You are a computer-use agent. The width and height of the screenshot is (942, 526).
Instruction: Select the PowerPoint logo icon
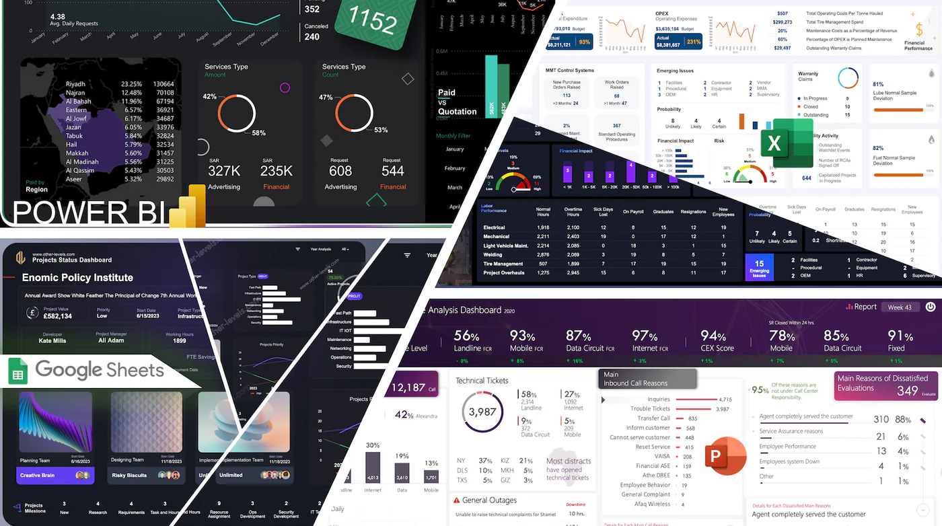pos(725,456)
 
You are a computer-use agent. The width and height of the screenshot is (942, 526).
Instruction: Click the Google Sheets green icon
pos(18,371)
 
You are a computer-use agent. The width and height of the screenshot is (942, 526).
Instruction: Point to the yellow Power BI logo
pos(188,206)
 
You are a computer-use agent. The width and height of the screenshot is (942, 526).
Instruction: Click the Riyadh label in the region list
pos(75,84)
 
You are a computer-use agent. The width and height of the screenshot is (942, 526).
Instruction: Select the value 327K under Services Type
pos(224,171)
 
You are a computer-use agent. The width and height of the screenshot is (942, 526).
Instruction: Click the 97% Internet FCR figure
pos(645,336)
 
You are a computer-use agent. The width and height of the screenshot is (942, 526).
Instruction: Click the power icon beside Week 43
pos(930,307)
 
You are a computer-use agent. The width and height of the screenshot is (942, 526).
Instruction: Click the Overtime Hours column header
pos(573,211)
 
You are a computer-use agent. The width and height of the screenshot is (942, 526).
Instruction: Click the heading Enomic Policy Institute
pos(77,277)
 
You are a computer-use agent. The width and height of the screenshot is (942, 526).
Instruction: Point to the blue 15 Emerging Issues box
pos(759,268)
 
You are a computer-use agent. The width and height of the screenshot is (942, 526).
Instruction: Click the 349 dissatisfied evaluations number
pos(907,390)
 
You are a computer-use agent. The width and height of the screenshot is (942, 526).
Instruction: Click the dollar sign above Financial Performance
pos(919,30)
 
